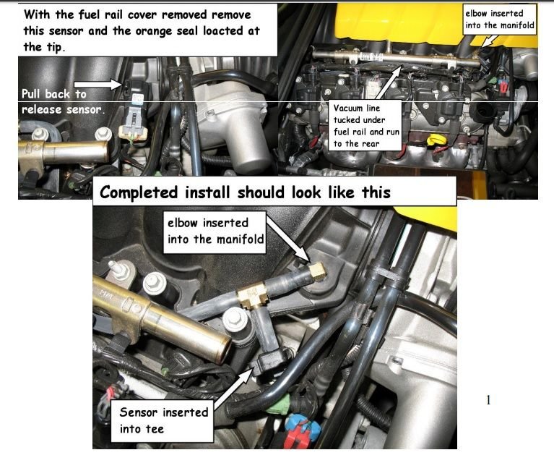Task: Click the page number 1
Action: point(488,400)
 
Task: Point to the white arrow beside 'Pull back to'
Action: point(98,84)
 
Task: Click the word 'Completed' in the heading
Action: point(139,192)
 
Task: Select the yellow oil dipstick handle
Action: point(433,140)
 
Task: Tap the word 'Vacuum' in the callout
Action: point(348,108)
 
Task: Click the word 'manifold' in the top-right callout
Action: point(516,25)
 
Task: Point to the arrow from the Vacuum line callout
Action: point(388,82)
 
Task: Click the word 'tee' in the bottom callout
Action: point(155,429)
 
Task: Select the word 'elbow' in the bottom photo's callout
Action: point(183,223)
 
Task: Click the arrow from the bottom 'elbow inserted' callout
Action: point(288,239)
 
